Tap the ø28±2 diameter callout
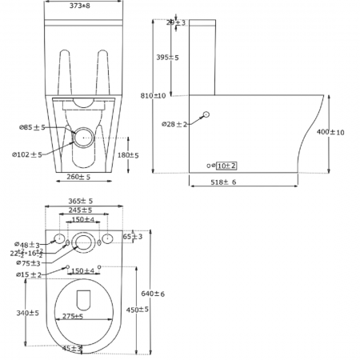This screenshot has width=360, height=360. (174, 124)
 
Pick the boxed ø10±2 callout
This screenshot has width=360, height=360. (226, 165)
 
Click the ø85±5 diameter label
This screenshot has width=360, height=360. (33, 126)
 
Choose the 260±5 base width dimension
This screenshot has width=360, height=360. (78, 177)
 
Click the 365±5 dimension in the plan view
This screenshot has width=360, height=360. (81, 202)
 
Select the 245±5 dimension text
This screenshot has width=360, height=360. (81, 210)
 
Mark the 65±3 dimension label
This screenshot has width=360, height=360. (133, 237)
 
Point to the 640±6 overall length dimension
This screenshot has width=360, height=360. (153, 294)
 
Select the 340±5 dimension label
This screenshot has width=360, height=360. (27, 313)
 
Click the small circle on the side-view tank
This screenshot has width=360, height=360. (206, 116)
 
